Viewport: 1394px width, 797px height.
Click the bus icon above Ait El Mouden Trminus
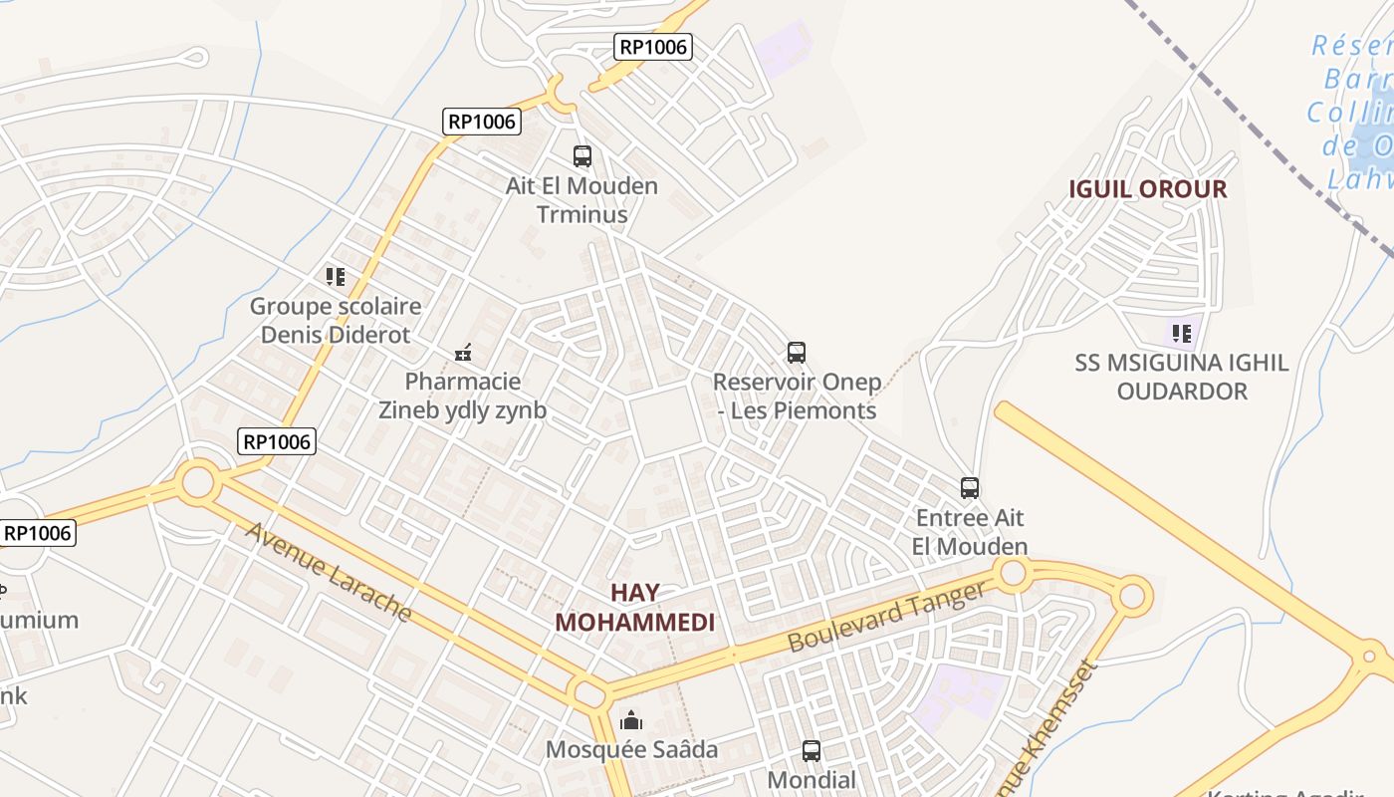[x=582, y=156]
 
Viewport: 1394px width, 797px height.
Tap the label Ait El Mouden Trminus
[x=582, y=200]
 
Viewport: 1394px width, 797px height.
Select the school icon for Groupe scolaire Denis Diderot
[x=336, y=276]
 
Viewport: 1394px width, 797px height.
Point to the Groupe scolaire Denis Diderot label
[x=336, y=320]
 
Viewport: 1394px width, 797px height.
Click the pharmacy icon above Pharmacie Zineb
[x=463, y=352]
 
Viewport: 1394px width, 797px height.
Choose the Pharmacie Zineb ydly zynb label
[x=463, y=396]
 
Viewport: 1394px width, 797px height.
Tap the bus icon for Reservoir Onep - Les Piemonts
[x=797, y=352]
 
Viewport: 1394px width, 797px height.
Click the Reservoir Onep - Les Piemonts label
[x=797, y=396]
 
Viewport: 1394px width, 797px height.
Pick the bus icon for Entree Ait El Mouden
[x=970, y=488]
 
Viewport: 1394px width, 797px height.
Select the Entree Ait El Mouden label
[x=970, y=532]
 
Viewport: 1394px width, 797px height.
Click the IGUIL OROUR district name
[x=1148, y=189]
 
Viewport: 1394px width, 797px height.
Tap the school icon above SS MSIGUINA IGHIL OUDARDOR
[x=1182, y=333]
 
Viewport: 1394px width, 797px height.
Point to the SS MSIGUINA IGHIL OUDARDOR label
[x=1182, y=377]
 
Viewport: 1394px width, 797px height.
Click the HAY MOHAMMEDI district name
[x=635, y=608]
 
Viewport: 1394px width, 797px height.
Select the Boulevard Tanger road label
[x=885, y=618]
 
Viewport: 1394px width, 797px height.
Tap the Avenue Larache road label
[x=329, y=571]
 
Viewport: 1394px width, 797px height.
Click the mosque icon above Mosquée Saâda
[x=631, y=719]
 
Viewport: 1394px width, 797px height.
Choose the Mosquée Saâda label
[x=631, y=749]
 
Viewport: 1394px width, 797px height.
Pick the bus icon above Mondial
[x=812, y=751]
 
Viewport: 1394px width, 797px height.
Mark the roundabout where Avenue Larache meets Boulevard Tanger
[x=588, y=692]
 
